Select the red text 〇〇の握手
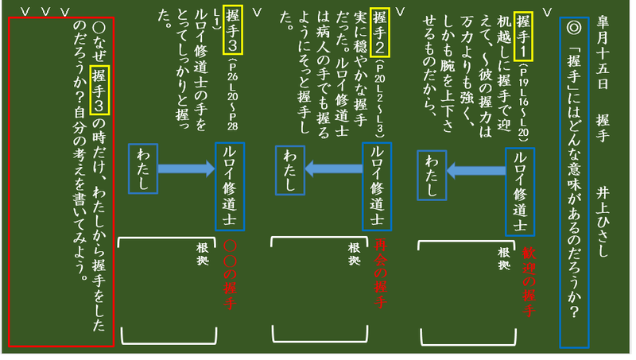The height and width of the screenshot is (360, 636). (231, 275)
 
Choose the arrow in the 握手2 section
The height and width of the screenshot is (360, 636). (332, 168)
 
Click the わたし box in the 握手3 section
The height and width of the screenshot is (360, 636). (143, 168)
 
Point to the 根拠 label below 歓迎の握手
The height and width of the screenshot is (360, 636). (504, 257)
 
